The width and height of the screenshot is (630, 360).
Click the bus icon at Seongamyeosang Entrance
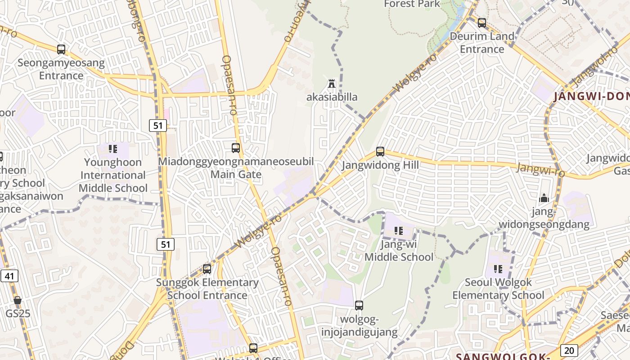point(61,49)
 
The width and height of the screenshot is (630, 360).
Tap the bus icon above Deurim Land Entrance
point(482,22)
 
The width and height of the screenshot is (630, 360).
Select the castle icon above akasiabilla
point(332,83)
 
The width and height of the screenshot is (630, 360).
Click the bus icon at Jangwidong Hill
point(380,152)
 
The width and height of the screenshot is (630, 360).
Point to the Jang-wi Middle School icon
point(398,231)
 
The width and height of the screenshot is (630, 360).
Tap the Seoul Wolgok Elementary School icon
point(498,269)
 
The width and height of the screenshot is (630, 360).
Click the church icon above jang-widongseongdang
point(544,198)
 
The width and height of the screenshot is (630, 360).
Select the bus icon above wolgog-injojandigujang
point(359,306)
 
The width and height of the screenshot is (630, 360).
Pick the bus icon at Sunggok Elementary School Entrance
point(207,269)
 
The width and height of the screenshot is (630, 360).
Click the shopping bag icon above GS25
point(18,300)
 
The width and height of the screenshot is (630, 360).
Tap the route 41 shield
point(9,276)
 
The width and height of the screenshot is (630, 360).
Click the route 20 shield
point(569,351)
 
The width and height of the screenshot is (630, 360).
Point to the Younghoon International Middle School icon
point(113,149)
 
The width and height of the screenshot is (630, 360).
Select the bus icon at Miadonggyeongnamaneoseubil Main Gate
point(235,148)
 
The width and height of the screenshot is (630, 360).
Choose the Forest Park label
point(412,4)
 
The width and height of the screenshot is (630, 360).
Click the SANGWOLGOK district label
point(503,356)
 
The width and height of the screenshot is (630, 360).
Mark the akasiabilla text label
point(332,97)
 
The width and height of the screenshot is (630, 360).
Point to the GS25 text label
point(18,313)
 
